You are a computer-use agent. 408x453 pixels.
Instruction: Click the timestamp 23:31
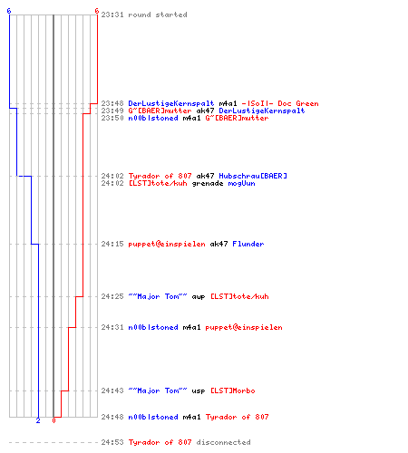tap(112, 14)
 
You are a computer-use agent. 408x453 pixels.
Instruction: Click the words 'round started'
tap(158, 14)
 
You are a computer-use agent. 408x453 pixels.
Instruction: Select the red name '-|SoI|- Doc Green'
tap(280, 103)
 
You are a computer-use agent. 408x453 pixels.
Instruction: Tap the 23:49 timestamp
tap(112, 111)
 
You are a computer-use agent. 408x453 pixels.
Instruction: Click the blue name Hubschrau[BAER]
tap(253, 176)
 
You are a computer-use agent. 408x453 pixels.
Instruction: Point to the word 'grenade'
tap(208, 183)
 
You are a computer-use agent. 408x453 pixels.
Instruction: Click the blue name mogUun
tap(241, 183)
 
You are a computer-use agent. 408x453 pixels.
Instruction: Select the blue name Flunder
tap(248, 244)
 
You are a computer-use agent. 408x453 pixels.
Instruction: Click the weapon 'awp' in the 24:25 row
tap(199, 296)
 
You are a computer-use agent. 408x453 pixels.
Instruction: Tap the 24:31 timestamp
tap(112, 327)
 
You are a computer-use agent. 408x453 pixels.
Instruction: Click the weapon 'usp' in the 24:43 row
tap(199, 390)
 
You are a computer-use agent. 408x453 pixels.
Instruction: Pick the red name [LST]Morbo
tap(233, 390)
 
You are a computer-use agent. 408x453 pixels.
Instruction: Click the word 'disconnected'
tap(224, 442)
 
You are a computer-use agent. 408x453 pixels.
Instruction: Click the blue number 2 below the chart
tap(38, 420)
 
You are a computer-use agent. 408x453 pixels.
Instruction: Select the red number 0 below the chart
tap(53, 420)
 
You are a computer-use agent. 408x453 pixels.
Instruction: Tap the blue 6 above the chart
tap(9, 11)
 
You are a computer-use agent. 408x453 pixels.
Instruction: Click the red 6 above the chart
tap(97, 11)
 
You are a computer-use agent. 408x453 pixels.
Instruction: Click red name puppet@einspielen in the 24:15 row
tap(167, 244)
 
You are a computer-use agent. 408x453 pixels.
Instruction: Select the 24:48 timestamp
tap(112, 417)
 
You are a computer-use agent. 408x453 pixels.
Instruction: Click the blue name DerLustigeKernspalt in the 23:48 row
tap(171, 103)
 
